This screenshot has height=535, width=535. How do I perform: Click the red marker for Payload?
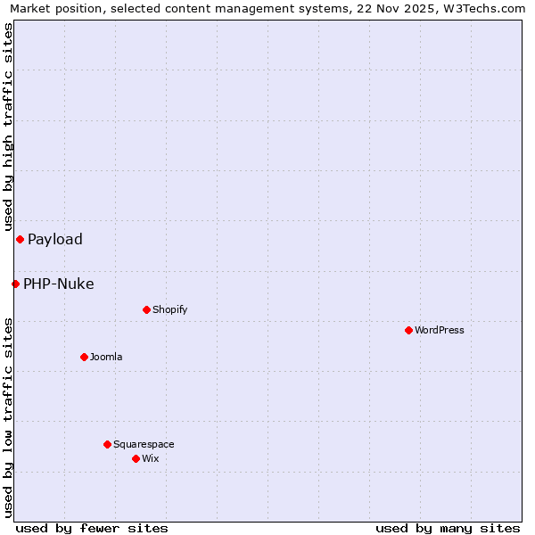[20, 239]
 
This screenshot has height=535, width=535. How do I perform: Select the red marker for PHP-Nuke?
[15, 284]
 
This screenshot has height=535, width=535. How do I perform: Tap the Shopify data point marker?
[146, 309]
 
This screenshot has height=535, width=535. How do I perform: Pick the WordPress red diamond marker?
[408, 330]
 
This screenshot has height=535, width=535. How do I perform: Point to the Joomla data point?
[84, 357]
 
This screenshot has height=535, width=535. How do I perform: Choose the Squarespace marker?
[107, 444]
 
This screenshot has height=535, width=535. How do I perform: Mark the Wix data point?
[136, 458]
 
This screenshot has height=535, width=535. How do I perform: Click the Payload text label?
[55, 239]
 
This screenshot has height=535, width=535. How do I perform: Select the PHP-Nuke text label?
[59, 284]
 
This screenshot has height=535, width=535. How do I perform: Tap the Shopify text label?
[170, 309]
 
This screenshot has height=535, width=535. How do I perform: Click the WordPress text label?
[440, 330]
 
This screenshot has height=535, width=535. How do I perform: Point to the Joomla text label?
[106, 357]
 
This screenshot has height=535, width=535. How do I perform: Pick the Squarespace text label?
[144, 444]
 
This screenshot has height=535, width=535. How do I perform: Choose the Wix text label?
[151, 458]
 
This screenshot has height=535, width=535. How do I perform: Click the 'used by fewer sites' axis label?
[92, 529]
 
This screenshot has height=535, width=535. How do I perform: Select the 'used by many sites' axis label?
[448, 529]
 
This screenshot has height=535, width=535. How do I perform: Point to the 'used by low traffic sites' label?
[8, 417]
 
